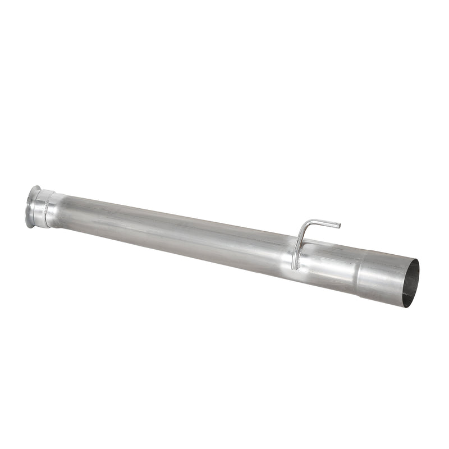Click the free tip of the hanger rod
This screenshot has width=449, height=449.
tap(338, 226)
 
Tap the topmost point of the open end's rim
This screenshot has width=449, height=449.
tap(416, 260)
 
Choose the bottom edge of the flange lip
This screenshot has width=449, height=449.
tap(28, 227)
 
